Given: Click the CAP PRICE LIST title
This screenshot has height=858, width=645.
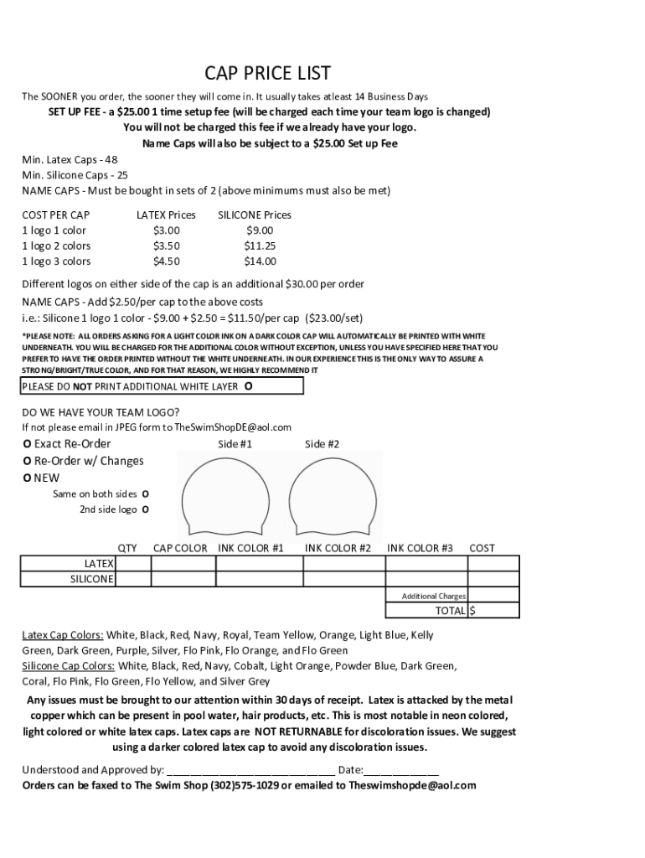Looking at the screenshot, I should coord(268,73).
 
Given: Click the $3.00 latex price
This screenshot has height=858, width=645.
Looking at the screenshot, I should coord(166,230).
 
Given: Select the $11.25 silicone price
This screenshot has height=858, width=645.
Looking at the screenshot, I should coord(259,246).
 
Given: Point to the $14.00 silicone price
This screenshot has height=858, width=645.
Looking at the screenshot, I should coord(259,261).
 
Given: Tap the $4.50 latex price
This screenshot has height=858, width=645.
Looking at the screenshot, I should coord(166,261).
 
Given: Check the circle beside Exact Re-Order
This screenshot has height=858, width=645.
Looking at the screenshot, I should coord(27,444).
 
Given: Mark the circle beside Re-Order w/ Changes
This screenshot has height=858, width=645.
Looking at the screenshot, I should coord(27,461).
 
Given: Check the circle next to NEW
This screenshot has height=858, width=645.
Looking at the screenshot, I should coord(27,478).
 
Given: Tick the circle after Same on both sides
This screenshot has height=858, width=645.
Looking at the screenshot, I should coord(145,494).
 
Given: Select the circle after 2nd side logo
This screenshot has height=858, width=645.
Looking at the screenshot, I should coord(145,509).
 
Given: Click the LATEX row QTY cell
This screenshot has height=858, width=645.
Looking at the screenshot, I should coord(133,564).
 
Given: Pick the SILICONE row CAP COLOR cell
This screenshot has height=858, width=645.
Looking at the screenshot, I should coord(183,579).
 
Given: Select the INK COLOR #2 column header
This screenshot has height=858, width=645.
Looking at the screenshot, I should coord(338,548).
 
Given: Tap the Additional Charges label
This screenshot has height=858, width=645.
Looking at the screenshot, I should coord(433,596).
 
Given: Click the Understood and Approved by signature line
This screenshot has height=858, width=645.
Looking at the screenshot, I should coord(251,770).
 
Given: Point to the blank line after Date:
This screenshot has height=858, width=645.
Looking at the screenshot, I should coord(401,770).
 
